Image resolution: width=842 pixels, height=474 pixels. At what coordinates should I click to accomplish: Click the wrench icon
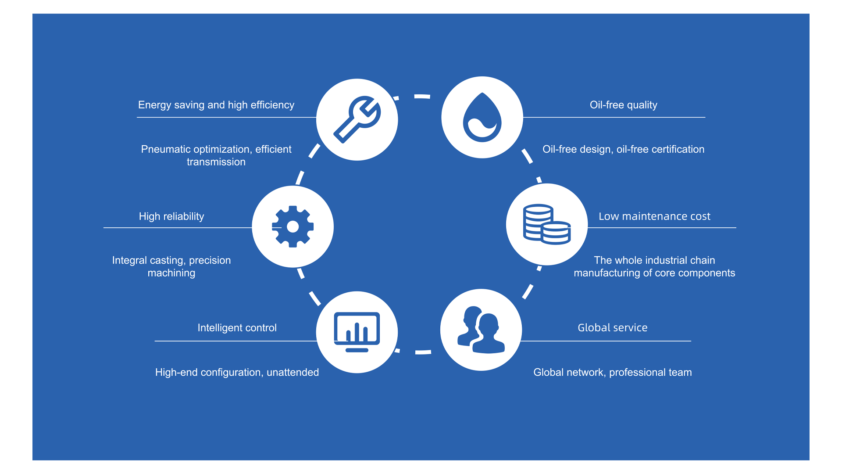tap(357, 119)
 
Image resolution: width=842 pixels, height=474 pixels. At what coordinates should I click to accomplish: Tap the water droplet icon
tap(482, 118)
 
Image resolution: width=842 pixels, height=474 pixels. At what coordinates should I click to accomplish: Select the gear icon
tap(293, 226)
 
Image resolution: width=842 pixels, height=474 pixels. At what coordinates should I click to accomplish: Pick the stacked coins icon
tap(546, 224)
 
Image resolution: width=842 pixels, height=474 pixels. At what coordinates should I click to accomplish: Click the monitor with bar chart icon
tap(357, 332)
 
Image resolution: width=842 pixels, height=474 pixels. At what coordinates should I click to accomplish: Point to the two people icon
tap(481, 330)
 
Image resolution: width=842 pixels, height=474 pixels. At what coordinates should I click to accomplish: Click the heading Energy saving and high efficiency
tap(216, 105)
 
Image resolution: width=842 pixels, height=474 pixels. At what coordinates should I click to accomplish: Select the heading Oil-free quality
tap(623, 105)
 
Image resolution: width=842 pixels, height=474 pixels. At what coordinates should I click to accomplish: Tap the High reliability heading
tap(171, 216)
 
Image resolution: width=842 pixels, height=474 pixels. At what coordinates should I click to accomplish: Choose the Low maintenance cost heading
tap(654, 216)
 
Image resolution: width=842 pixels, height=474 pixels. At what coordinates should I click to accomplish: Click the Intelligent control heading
tap(237, 328)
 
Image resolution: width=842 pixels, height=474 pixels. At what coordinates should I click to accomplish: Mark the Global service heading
tap(612, 328)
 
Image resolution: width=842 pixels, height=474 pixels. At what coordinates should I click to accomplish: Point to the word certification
tap(678, 149)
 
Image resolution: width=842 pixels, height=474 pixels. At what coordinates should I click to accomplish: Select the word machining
tap(171, 273)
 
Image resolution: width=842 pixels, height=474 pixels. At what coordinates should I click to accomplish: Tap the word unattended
tap(293, 373)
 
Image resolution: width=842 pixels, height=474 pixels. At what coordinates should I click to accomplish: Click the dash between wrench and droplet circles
tap(422, 96)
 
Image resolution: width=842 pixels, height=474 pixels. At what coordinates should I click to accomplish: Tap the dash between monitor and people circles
tap(423, 352)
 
